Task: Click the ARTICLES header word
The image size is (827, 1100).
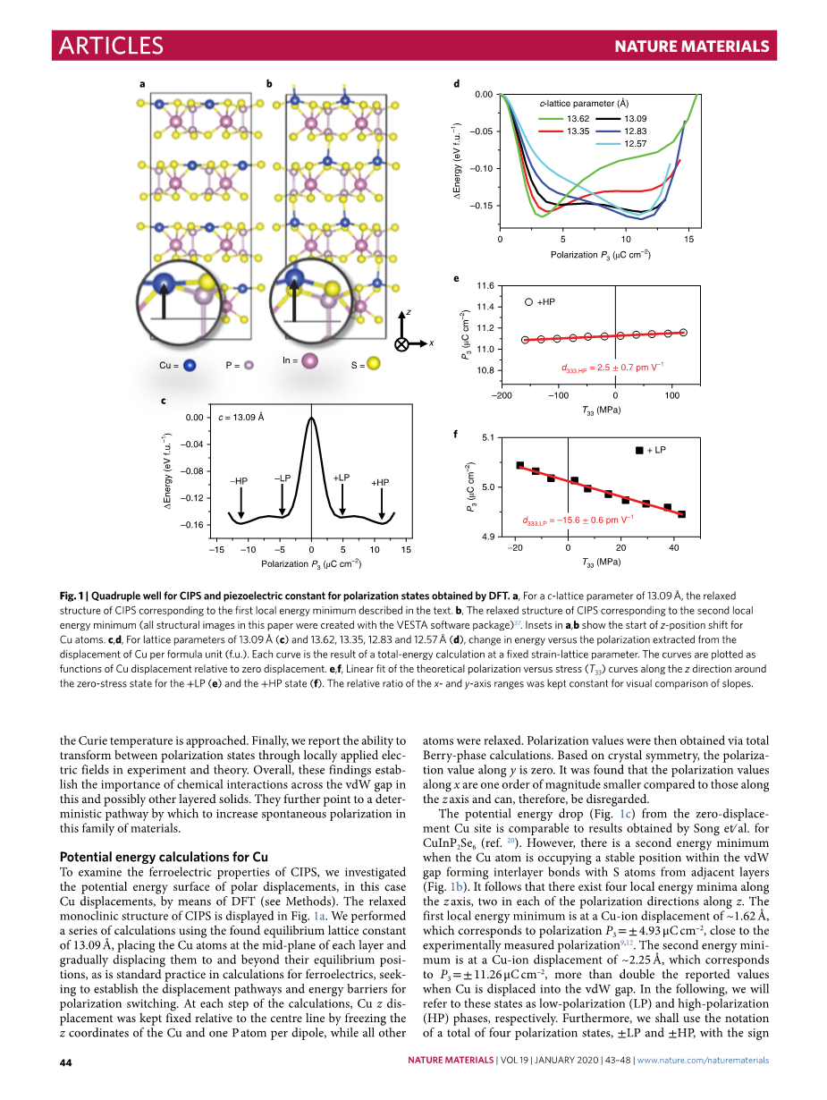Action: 110,46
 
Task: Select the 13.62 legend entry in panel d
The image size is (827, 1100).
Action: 578,119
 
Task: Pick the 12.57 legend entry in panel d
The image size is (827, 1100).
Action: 635,144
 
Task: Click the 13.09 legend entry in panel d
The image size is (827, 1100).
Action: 635,119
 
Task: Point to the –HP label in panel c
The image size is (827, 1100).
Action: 239,481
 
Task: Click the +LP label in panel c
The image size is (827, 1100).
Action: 341,478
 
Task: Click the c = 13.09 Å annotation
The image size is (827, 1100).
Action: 241,418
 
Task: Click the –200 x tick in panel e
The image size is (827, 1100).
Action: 502,395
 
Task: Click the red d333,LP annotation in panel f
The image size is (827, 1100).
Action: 578,520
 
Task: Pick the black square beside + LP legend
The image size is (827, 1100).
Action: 638,451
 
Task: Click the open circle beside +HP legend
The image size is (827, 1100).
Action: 528,302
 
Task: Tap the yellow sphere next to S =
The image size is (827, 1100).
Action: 374,363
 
